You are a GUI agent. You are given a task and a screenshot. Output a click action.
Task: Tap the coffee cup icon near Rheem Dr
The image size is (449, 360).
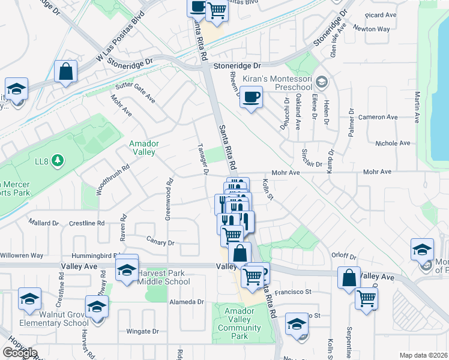(252, 97)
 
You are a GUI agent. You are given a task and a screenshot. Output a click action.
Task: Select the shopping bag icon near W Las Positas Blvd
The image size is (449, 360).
(66, 71)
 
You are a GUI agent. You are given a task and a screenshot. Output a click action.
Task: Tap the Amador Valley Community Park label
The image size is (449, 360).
(240, 323)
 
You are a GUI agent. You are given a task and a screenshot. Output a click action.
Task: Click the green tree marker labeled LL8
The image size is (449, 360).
(58, 160)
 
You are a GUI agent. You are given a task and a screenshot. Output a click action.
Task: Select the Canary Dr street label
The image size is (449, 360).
(160, 242)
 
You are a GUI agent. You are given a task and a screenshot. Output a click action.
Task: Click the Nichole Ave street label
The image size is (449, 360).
(392, 143)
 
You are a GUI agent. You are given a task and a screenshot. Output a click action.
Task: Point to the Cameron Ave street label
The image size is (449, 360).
(378, 117)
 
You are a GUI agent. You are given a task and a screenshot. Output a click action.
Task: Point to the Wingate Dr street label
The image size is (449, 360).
(142, 331)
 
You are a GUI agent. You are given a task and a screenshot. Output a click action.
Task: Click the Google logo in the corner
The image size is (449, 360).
(20, 353)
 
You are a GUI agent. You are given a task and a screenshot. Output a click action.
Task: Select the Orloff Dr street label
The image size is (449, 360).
(344, 255)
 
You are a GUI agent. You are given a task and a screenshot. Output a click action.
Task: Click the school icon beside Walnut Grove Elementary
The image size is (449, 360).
(96, 307)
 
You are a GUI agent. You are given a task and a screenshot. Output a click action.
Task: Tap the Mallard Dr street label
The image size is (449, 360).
(44, 223)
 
